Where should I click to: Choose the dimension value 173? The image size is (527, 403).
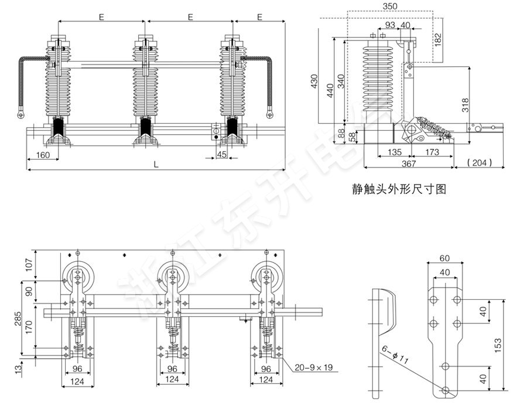[432, 152]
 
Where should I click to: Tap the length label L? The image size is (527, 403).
[156, 165]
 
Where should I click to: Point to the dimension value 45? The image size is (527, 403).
[221, 154]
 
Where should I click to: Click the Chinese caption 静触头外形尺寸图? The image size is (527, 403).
[400, 189]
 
